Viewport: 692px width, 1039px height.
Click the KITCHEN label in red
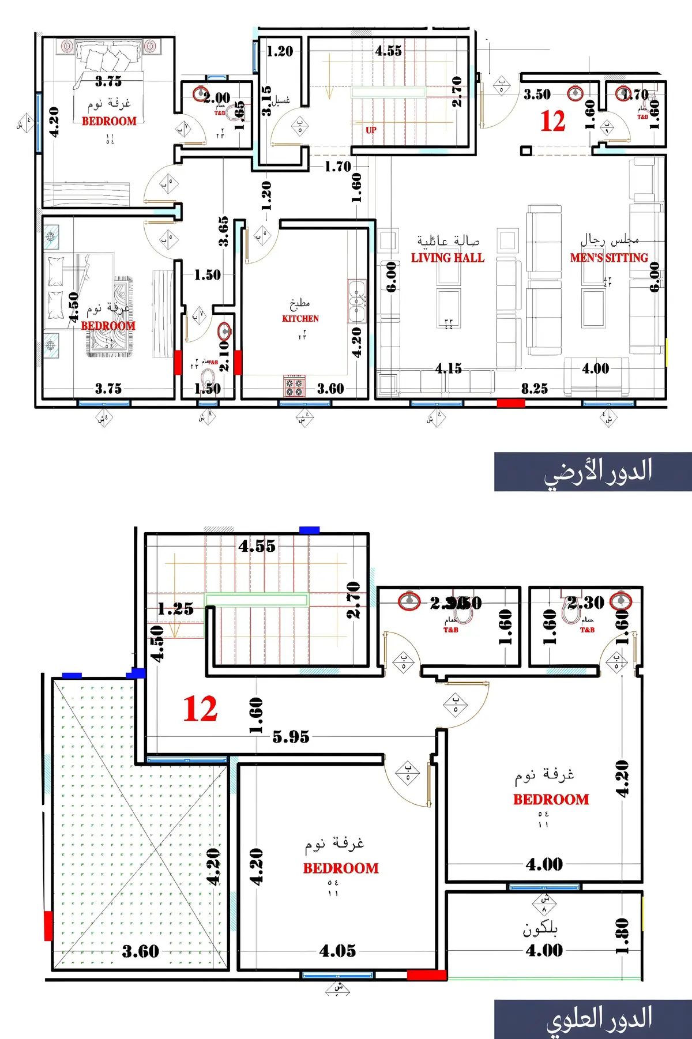[300, 318]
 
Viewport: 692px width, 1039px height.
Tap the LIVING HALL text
[447, 258]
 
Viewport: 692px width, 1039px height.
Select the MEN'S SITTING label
[609, 258]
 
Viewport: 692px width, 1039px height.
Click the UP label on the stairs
[371, 130]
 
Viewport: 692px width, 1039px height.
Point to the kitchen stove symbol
[295, 386]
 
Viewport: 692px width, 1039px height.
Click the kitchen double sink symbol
[357, 301]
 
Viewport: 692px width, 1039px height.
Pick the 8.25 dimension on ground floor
[535, 389]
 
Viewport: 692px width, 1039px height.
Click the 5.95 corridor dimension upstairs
[291, 736]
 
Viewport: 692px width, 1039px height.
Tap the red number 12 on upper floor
[200, 709]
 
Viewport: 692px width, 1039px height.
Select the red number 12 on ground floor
[552, 121]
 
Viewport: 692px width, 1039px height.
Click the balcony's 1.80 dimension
[622, 936]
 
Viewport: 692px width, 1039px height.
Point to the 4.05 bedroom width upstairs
[337, 951]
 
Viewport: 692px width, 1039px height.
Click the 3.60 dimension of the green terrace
[140, 951]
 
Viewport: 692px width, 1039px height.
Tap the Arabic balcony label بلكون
[540, 928]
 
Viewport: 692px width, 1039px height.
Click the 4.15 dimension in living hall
[448, 368]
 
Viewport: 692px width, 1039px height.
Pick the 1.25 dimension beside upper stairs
[175, 609]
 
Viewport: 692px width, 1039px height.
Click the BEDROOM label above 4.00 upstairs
[551, 799]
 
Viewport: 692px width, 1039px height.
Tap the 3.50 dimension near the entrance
[537, 95]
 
